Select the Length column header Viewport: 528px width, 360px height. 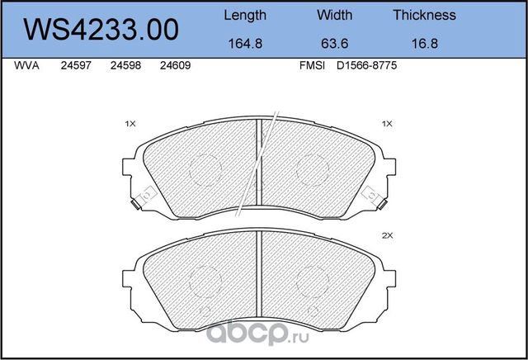[245, 15]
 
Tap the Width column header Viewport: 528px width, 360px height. [334, 15]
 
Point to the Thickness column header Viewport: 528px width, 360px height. [424, 15]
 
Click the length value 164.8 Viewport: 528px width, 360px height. [245, 46]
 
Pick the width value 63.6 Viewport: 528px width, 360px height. [334, 46]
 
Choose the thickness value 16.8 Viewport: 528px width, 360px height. [424, 46]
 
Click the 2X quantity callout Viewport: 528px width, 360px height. [387, 235]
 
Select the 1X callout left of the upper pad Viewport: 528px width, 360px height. [130, 123]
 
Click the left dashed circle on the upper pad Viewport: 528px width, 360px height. [205, 169]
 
